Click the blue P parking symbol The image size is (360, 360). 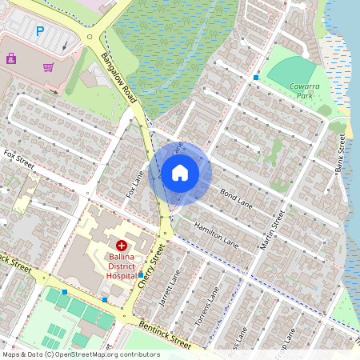coord(40,31)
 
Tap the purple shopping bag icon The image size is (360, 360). coord(11,58)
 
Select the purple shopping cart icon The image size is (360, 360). coord(49,67)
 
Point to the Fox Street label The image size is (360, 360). coord(19,158)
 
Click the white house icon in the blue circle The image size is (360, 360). coord(180,173)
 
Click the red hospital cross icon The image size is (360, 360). coord(122,246)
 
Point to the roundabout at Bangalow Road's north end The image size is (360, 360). coord(90,36)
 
